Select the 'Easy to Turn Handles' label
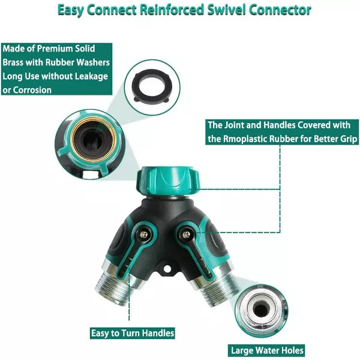[133, 333]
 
